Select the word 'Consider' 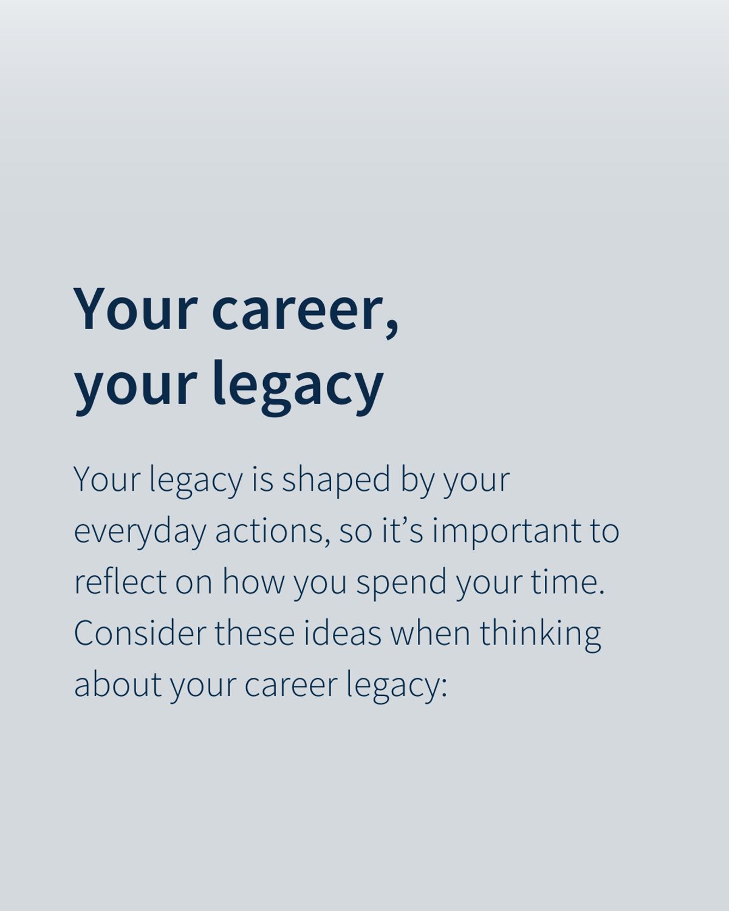click(x=140, y=633)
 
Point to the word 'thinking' click(x=540, y=634)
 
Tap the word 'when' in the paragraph click(x=430, y=633)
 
